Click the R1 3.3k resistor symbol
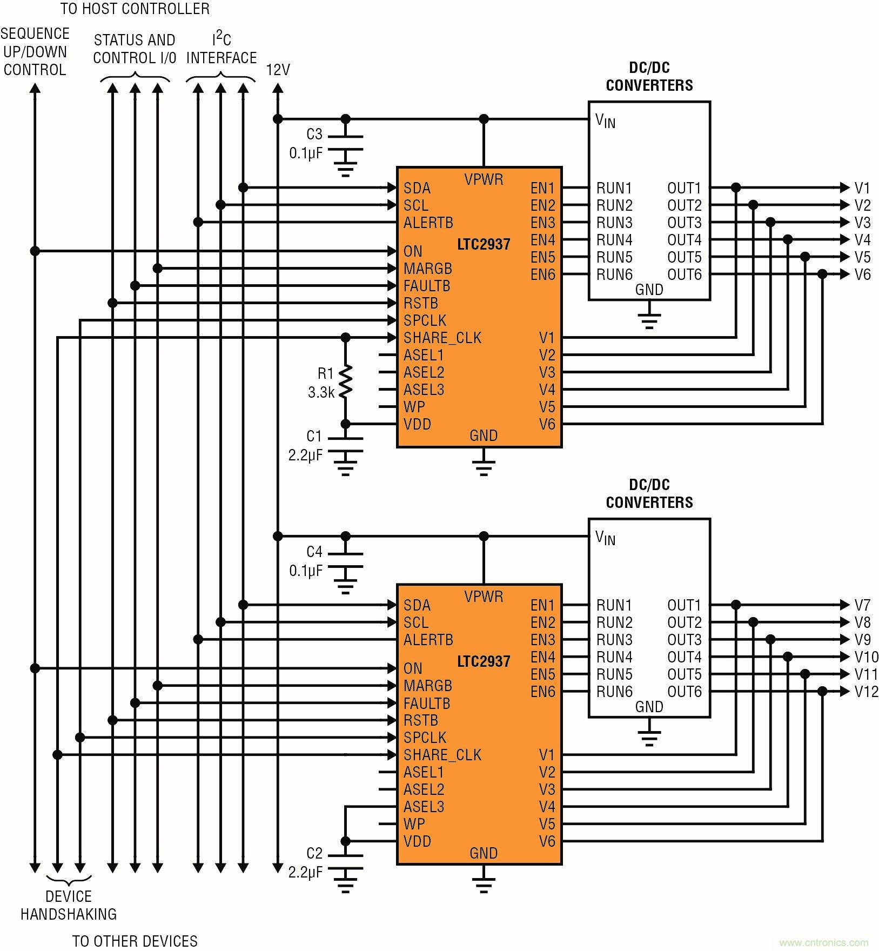point(345,381)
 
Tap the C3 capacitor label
point(314,134)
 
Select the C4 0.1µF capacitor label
point(306,561)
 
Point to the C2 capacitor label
point(314,853)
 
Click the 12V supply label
point(278,70)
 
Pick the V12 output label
point(866,692)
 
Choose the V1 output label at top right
point(862,188)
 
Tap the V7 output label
point(862,605)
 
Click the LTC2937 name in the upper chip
point(484,244)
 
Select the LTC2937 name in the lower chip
point(484,661)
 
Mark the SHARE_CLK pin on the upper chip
point(442,338)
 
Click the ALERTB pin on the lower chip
point(428,640)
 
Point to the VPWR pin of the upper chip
point(484,179)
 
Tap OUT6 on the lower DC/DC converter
point(684,692)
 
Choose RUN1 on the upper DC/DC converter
point(614,188)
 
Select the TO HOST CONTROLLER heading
point(135,9)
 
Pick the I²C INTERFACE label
point(222,49)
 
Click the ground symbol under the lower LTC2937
point(484,884)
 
